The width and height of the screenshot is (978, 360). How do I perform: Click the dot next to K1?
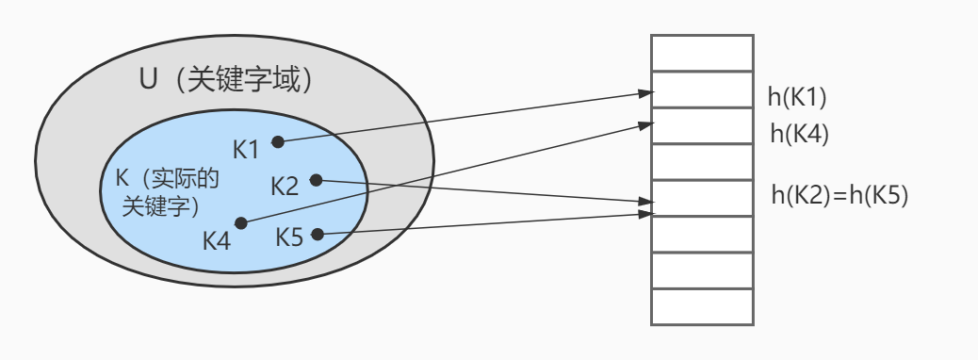coord(278,142)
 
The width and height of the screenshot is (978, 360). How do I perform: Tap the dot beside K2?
coord(317,180)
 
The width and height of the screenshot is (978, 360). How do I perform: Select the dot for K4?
coord(241,222)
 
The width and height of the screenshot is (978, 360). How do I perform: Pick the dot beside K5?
coord(318,235)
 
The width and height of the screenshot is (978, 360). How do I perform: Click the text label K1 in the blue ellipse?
coord(246,151)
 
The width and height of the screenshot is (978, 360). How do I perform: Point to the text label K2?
coord(285,187)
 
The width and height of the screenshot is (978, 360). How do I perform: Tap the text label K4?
coord(217,240)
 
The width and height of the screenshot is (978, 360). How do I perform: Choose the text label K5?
coord(289,237)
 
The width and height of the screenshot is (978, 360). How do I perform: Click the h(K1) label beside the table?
coord(797,97)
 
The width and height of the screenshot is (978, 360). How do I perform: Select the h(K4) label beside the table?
coord(800,134)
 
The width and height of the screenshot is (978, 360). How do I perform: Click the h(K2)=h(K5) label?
coord(839,196)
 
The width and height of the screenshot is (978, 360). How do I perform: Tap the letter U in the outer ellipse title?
coord(148,80)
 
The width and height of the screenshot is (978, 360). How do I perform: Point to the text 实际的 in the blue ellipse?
coord(187,179)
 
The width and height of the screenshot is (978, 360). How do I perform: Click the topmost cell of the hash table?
coord(702,53)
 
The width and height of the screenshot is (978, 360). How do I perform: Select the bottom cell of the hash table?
coord(702,307)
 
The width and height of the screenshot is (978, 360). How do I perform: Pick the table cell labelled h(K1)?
coord(702,90)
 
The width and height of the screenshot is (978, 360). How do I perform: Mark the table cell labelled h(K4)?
coord(702,125)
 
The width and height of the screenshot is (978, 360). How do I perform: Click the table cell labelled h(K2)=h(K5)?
coord(702,198)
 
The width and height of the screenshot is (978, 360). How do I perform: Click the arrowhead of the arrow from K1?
coord(646,93)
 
